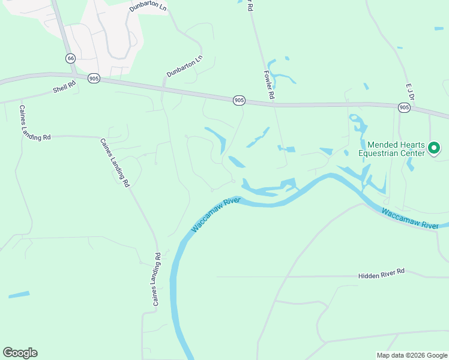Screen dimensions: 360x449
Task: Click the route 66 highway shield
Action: point(71,58)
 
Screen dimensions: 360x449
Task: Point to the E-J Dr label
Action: point(411,92)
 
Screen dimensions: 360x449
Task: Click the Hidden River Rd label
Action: point(382,273)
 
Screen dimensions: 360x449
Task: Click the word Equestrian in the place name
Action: point(390,153)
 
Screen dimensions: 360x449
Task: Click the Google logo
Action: point(20,353)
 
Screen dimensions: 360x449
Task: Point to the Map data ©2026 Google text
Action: point(412,355)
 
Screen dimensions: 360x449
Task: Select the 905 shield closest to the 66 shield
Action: point(93,79)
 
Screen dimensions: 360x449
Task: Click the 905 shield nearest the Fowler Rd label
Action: point(239,100)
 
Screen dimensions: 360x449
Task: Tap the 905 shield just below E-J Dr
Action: point(404,107)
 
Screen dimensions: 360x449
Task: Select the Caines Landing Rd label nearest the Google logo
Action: point(157,280)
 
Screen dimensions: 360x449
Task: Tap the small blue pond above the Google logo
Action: point(19,295)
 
